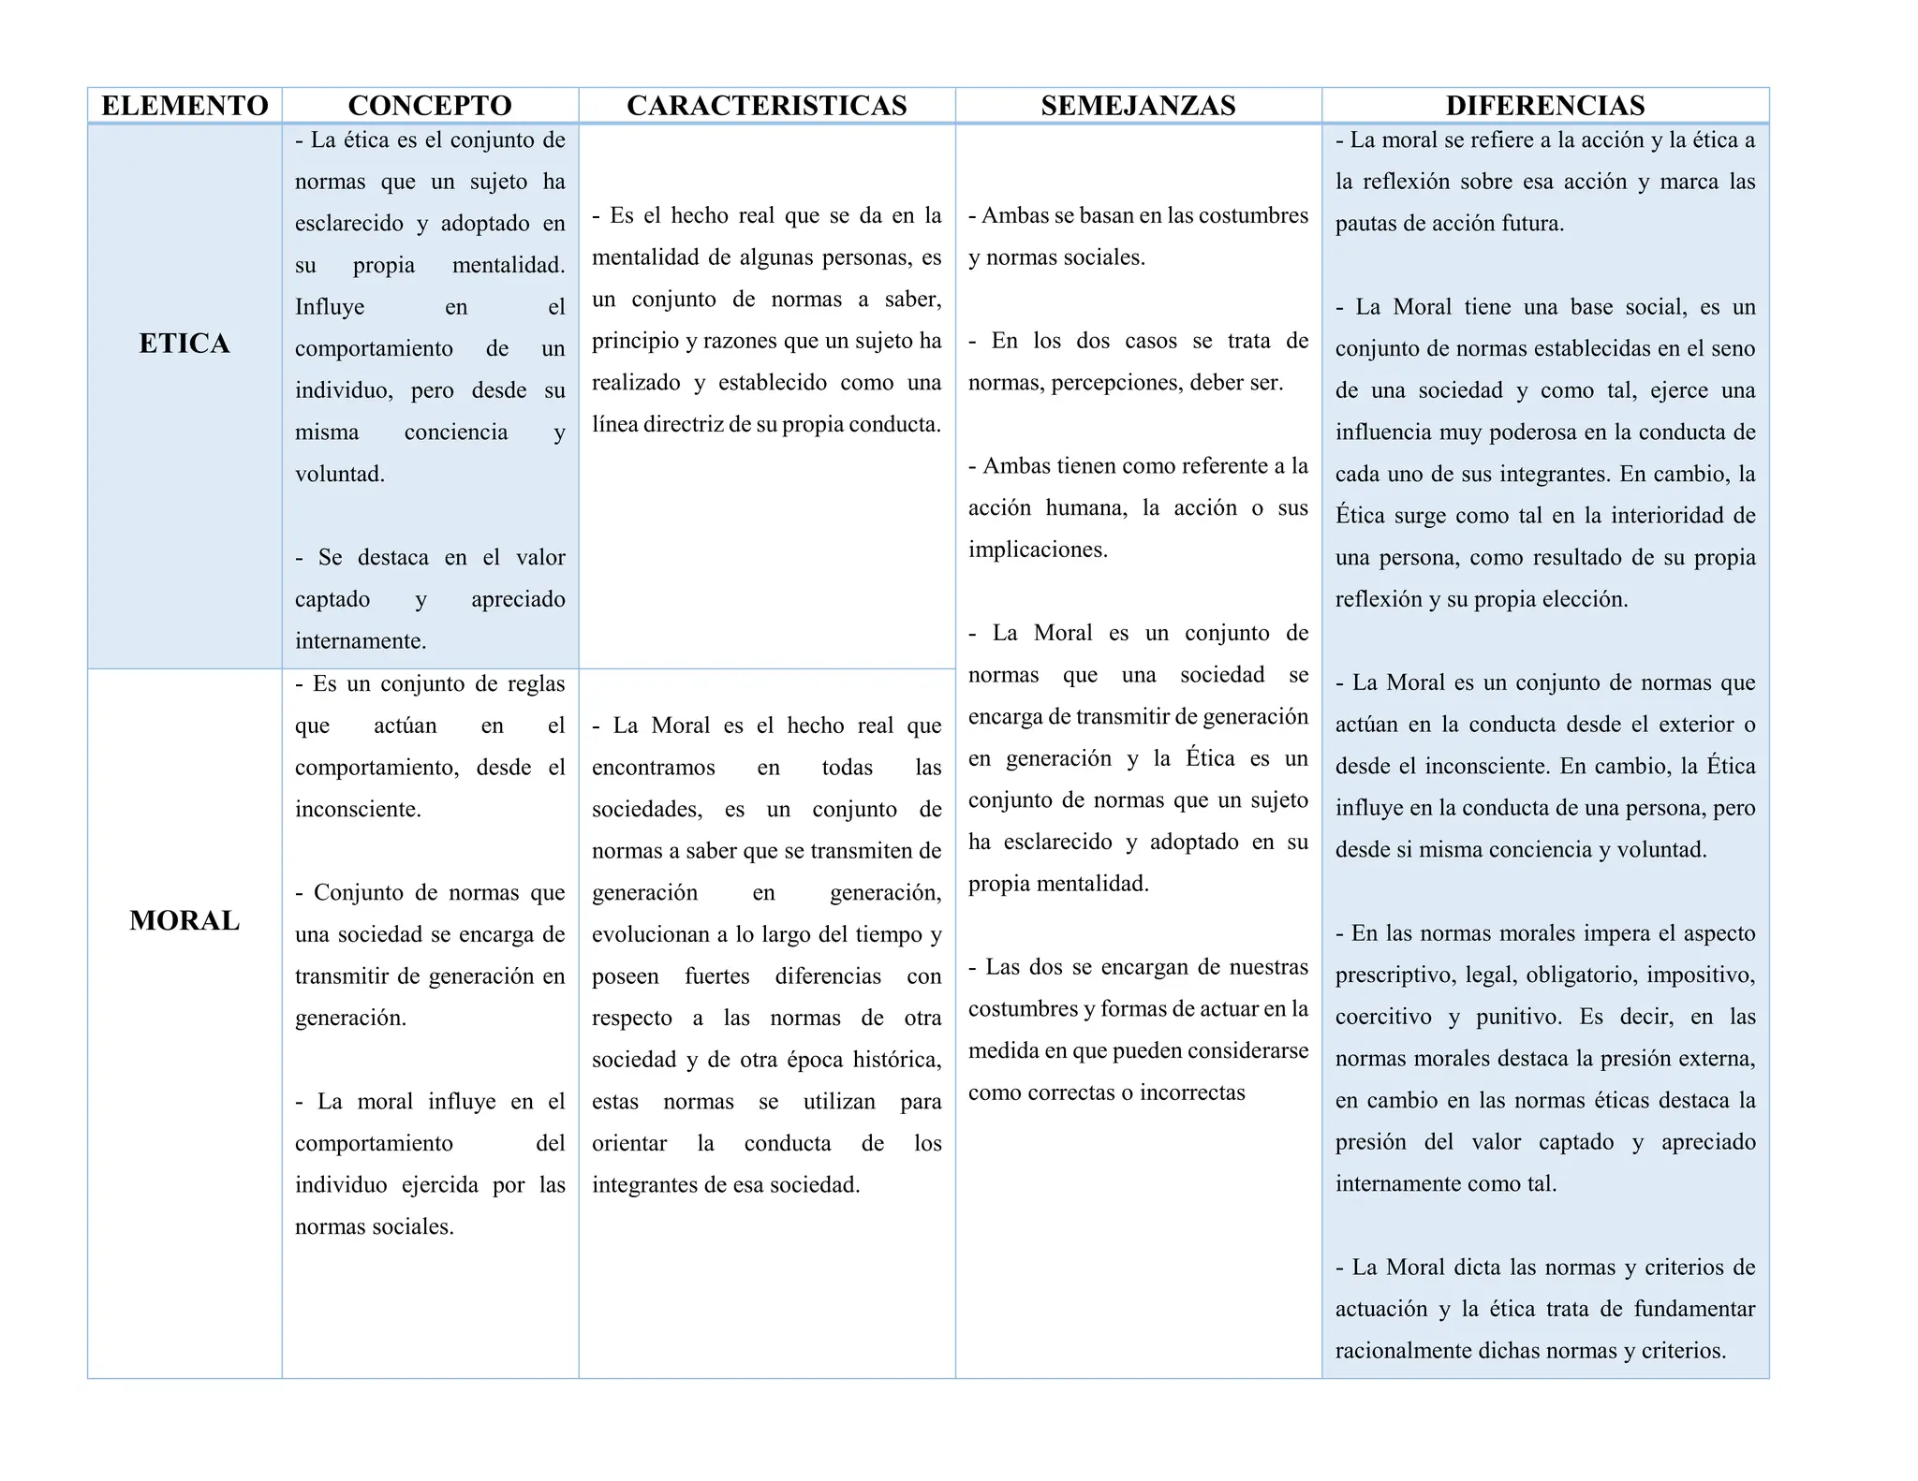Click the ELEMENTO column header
point(184,106)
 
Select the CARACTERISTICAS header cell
point(766,106)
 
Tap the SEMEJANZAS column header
point(1138,106)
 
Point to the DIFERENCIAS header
point(1544,106)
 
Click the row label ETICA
point(184,344)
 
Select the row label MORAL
point(184,920)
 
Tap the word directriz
point(678,425)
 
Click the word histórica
point(895,1061)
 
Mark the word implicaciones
point(1037,550)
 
